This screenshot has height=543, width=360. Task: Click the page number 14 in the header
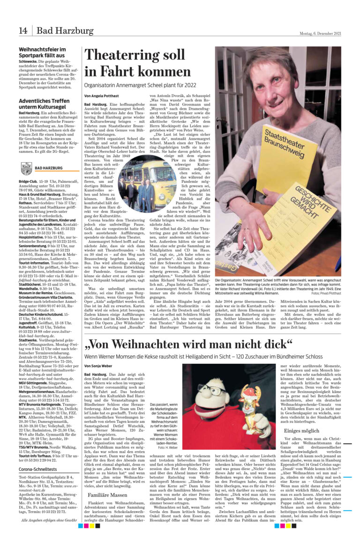[x=23, y=31]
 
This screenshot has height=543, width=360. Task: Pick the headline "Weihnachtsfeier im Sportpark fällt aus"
[x=42, y=52]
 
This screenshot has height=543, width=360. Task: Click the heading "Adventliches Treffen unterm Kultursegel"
[x=45, y=104]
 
